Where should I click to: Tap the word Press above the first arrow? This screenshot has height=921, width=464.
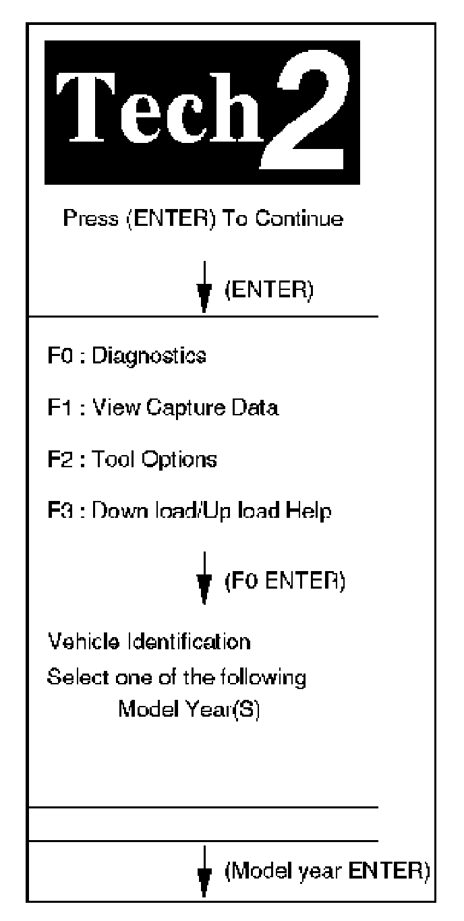(x=86, y=218)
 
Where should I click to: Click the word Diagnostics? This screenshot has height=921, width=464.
(x=148, y=357)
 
